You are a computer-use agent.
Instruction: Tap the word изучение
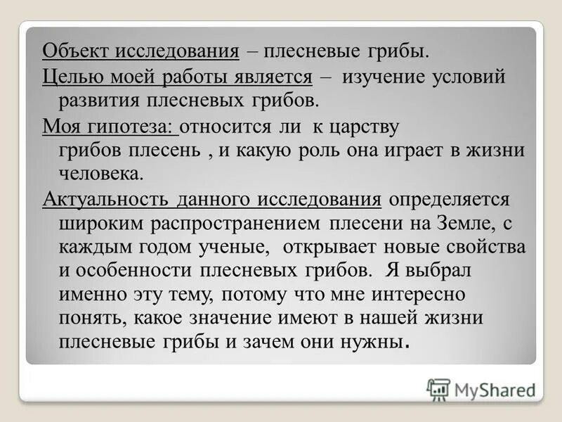[x=382, y=77]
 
